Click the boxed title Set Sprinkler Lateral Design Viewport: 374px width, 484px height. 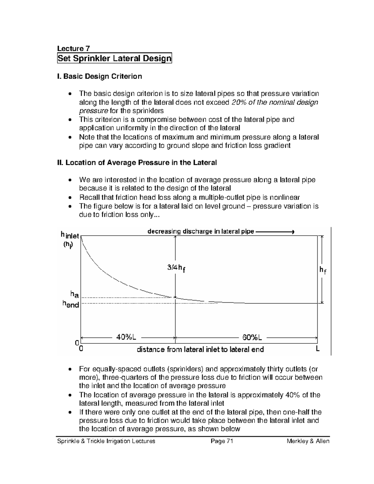pyautogui.click(x=114, y=58)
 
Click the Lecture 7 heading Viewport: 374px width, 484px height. pyautogui.click(x=73, y=48)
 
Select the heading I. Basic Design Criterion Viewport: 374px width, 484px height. pyautogui.click(x=99, y=76)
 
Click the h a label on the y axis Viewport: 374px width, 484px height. pyautogui.click(x=74, y=294)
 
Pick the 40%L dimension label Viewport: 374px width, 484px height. pyautogui.click(x=126, y=337)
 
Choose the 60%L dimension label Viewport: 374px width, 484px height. pyautogui.click(x=252, y=337)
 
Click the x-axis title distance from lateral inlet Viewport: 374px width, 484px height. pyautogui.click(x=200, y=349)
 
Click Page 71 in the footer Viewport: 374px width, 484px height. pyautogui.click(x=222, y=441)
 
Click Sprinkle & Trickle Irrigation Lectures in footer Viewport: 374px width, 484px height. pyautogui.click(x=106, y=441)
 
